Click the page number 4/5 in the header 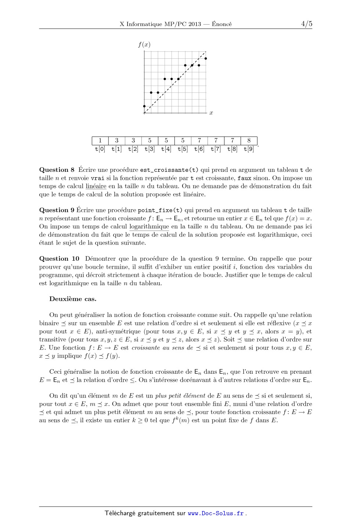306,24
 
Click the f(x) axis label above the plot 144,45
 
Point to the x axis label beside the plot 211,113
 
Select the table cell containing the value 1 100,141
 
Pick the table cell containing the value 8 249,141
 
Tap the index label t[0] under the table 100,149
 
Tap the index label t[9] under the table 249,149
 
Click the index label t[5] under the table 183,149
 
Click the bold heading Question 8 54,170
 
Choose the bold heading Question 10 59,259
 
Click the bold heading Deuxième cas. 73,299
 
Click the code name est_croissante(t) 169,170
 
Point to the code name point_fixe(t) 160,210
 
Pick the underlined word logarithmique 149,227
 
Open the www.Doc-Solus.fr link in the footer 216,514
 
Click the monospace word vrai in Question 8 97,178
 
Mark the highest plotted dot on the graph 206,58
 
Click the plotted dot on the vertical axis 144,106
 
